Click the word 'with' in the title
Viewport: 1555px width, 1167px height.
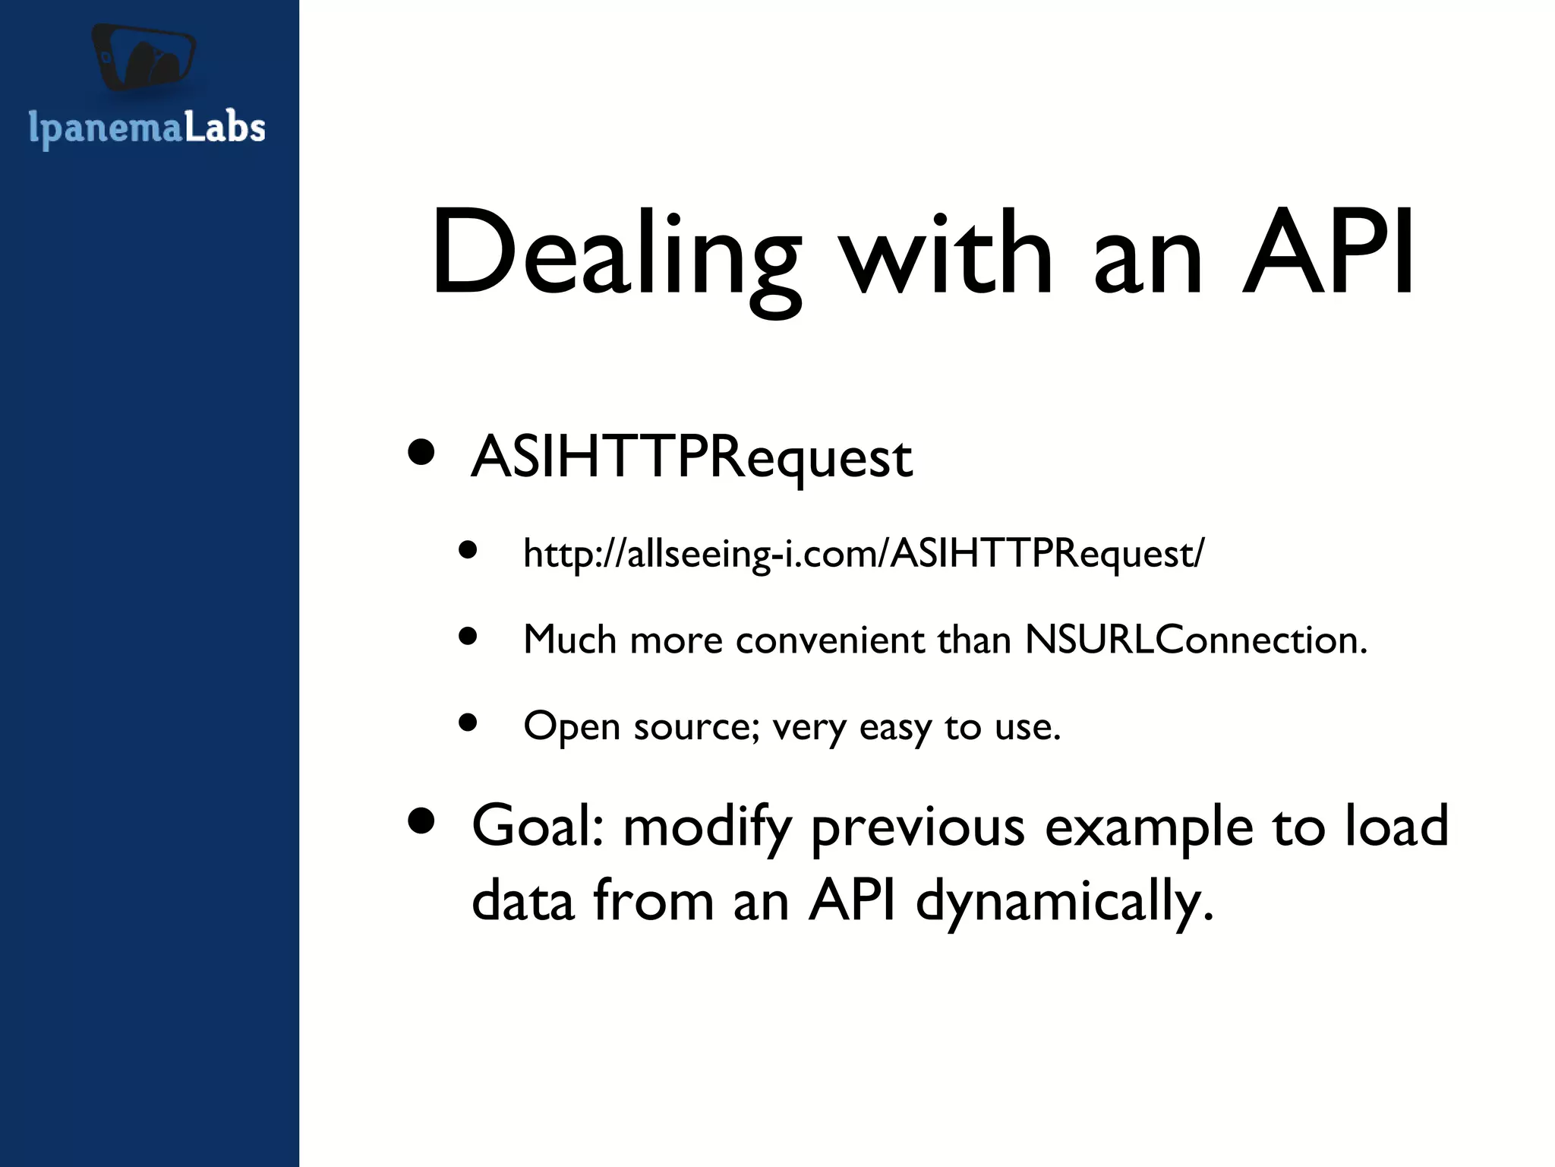(946, 255)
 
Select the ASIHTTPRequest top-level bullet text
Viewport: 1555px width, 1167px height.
(691, 457)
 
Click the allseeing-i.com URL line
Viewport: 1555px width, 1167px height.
(863, 553)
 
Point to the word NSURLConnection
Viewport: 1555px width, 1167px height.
(1195, 640)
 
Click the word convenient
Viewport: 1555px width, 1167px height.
(830, 640)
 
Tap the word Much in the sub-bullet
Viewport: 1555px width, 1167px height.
(569, 640)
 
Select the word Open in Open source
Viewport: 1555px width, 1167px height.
(572, 727)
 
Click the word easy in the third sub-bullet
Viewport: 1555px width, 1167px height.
(894, 727)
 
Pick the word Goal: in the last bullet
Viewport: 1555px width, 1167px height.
(538, 827)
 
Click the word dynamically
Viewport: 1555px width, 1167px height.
(1065, 901)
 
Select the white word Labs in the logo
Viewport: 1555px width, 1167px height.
(225, 128)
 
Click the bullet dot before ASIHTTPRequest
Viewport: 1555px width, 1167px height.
(421, 454)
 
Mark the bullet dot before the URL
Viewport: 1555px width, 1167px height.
(468, 549)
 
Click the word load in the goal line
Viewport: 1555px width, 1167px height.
(1396, 827)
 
